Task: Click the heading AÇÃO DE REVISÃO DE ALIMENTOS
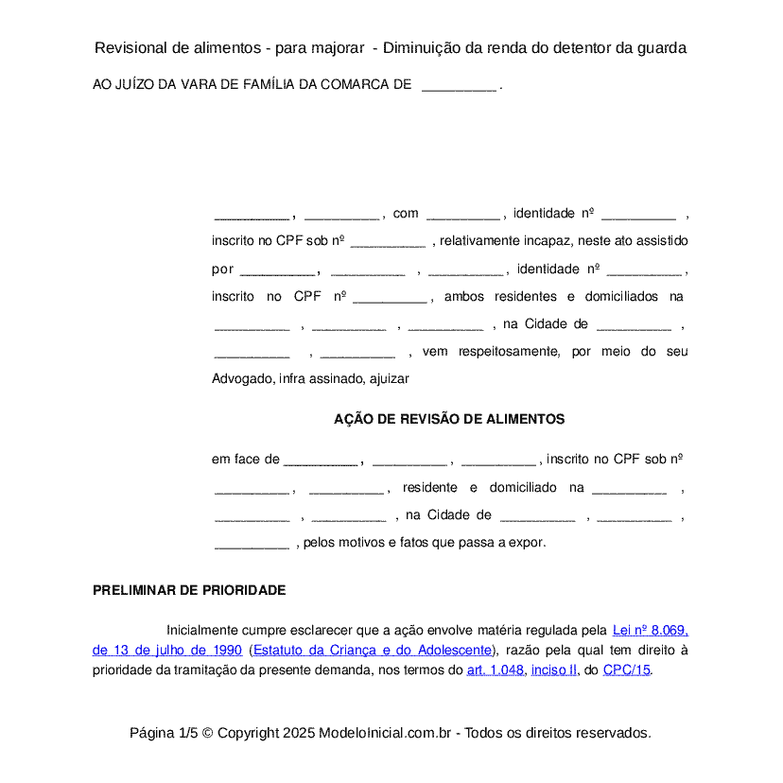pos(449,419)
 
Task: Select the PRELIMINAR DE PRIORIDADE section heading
pos(189,590)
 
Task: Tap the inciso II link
pos(554,670)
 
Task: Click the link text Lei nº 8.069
pos(650,630)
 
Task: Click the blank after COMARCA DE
pos(459,85)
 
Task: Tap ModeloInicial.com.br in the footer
pos(390,733)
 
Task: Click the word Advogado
pos(242,379)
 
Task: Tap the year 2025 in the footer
pos(298,733)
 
